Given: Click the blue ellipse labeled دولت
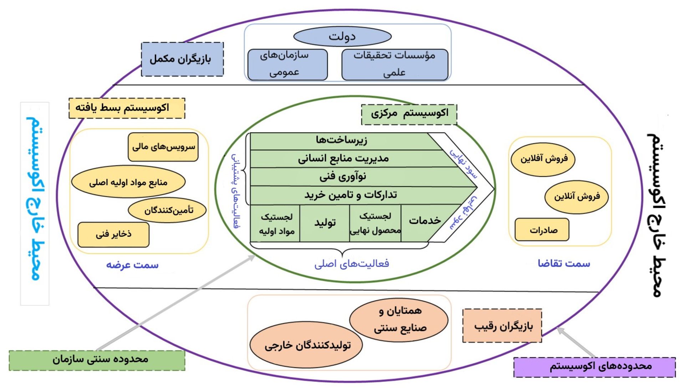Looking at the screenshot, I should pos(342,36).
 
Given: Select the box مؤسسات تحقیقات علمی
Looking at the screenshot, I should pos(395,64).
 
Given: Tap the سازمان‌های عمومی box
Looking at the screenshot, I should pos(287,64).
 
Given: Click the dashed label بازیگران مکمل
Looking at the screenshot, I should pos(182,59).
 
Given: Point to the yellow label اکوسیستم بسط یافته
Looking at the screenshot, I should pos(127,108).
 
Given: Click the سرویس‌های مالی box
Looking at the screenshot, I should pos(163,147).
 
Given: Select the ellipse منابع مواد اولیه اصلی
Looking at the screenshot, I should pos(128,182).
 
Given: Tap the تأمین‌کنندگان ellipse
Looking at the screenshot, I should pos(167,210).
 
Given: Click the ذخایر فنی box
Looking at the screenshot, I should pos(113,235).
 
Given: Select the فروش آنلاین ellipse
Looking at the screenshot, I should pos(576,197).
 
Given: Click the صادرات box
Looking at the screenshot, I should pos(542,230).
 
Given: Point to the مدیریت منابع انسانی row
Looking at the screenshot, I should pos(343,159).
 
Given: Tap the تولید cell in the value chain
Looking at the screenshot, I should pos(325,223).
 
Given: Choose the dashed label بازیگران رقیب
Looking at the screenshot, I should pos(502,326).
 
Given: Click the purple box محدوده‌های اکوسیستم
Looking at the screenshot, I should pos(594,367).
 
